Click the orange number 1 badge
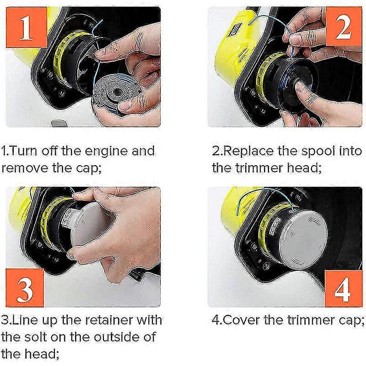[x=27, y=27]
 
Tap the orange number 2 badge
[x=344, y=26]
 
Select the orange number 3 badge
[x=25, y=288]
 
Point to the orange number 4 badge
[x=343, y=289]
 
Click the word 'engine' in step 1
[x=107, y=151]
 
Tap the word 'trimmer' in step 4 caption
[x=308, y=320]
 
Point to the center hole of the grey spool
[x=116, y=91]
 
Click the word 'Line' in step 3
[x=24, y=320]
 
